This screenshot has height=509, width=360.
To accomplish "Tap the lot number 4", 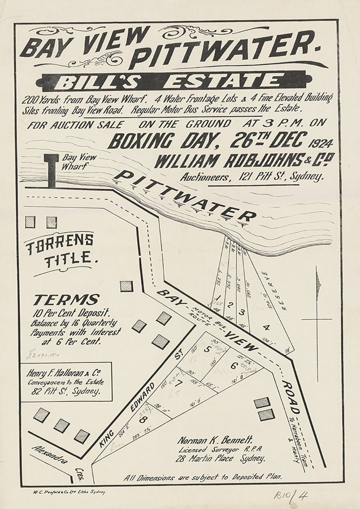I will [x=266, y=327].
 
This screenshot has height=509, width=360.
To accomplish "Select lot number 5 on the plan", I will [x=207, y=350].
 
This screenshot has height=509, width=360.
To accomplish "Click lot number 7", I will [x=179, y=384].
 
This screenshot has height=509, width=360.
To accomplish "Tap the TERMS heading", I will [x=67, y=300].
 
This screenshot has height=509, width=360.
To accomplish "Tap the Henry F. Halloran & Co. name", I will [x=65, y=374].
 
